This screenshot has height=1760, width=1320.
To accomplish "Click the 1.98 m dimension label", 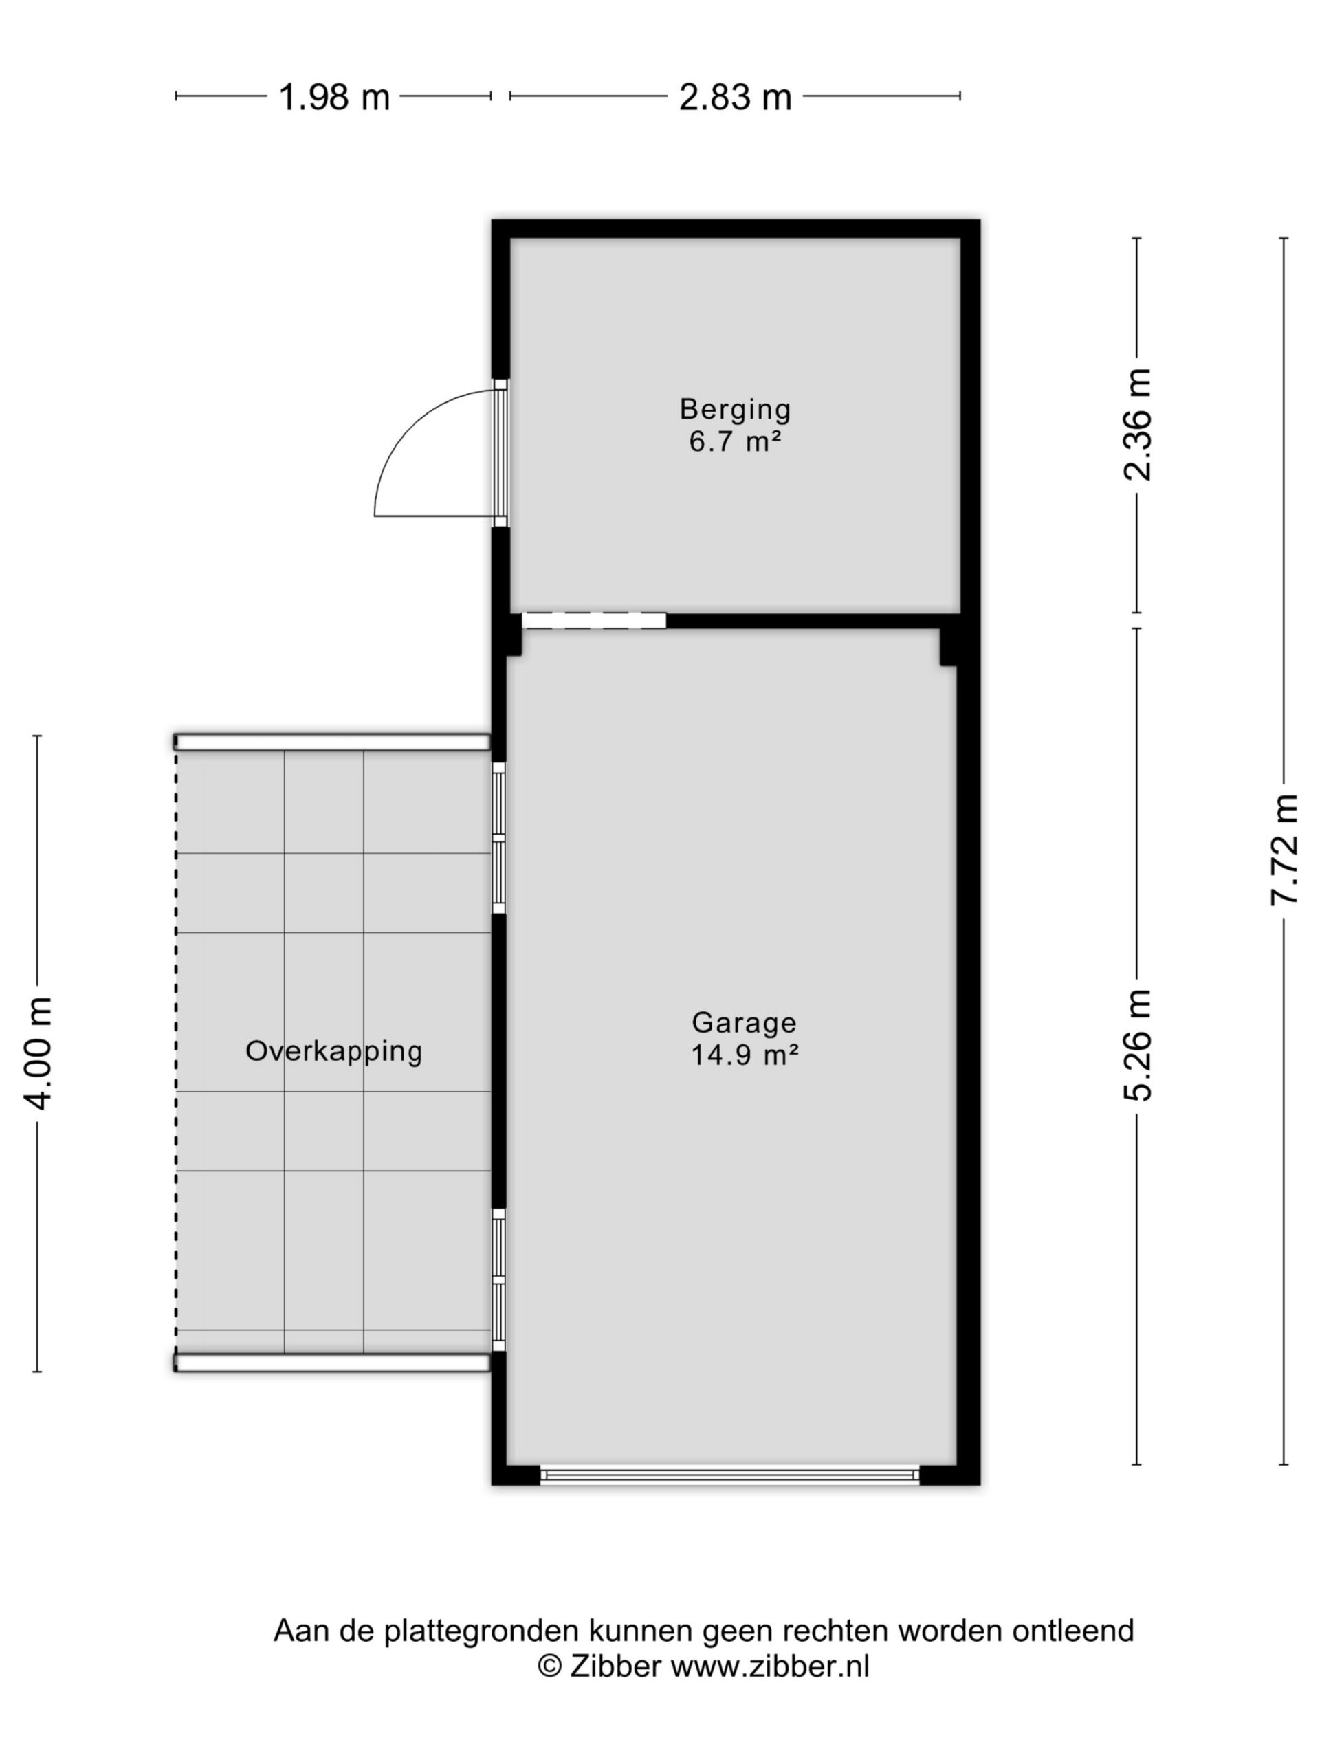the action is [333, 97].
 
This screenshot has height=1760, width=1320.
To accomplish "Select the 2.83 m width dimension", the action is [735, 97].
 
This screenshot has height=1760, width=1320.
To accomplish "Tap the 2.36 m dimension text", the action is [1137, 424].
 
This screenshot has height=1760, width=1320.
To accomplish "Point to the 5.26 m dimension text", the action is [1137, 1045].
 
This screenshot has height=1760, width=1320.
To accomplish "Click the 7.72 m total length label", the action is [1284, 849].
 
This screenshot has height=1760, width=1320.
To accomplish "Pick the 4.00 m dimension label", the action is [37, 1053].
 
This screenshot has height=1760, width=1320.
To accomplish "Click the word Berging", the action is [735, 410].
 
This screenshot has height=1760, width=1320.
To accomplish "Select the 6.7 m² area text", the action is [734, 441].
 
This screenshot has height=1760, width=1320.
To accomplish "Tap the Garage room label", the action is [744, 1023].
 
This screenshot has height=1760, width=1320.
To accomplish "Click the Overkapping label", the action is [333, 1052].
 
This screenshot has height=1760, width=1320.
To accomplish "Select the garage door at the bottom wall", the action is [729, 1475].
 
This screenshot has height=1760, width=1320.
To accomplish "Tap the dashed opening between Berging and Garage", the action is [593, 620].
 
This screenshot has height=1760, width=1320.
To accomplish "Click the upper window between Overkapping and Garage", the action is [499, 838].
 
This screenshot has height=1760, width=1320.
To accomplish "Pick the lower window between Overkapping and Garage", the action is [499, 1279].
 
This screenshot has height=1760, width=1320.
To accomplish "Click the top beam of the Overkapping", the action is [332, 742].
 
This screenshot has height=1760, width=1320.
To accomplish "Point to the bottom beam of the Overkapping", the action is [332, 1363].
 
